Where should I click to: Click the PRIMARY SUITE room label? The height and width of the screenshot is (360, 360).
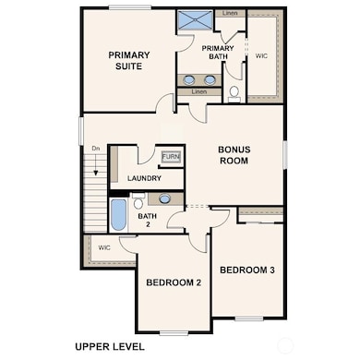pos(128,60)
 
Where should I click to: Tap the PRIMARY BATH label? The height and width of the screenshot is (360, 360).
pos(217,52)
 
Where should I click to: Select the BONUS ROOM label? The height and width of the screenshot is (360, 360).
pos(234,154)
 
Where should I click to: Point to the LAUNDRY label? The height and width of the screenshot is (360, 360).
pos(144,178)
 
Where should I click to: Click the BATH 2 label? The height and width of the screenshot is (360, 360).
pos(148,221)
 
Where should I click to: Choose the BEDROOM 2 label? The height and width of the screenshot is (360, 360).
pos(173,282)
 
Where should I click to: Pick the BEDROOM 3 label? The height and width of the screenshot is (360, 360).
pos(246,270)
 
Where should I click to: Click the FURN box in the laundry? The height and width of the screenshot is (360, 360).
pos(171,157)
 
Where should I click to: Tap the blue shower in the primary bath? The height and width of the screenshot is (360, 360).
pos(195,19)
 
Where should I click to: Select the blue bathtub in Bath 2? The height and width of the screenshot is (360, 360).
pos(118,215)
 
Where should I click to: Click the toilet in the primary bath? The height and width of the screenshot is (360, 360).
pos(234,92)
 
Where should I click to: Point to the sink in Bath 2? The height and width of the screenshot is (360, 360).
pos(164,198)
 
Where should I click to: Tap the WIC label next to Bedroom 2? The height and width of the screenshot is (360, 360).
pos(104,247)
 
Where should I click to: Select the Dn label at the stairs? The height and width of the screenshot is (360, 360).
pos(95,148)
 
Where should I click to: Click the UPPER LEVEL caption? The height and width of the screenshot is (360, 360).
pos(109,347)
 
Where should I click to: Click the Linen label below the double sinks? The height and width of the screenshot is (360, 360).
pos(198,92)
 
